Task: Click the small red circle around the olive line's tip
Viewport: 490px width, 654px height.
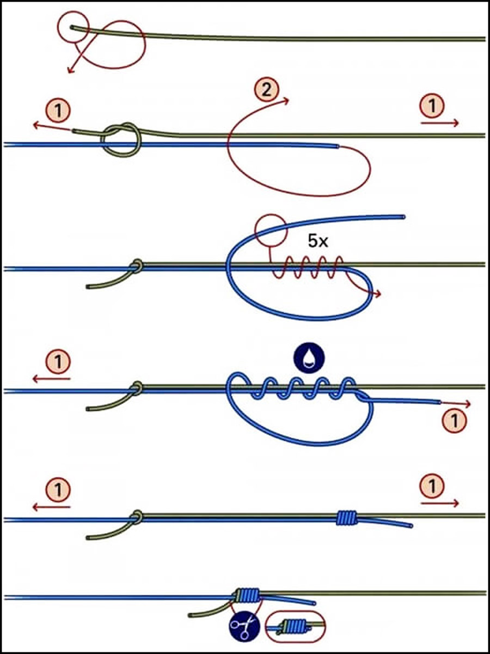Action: pyautogui.click(x=73, y=28)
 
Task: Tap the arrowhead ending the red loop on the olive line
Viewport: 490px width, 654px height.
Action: pyautogui.click(x=70, y=70)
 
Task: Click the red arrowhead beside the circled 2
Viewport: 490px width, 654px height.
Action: pyautogui.click(x=286, y=101)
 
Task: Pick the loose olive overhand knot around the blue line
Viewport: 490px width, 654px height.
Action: pyautogui.click(x=121, y=140)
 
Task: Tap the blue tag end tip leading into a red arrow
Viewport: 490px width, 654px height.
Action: pyautogui.click(x=439, y=403)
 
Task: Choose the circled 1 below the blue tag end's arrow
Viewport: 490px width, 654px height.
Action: pyautogui.click(x=454, y=420)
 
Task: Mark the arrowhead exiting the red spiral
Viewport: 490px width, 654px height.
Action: pyautogui.click(x=378, y=294)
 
